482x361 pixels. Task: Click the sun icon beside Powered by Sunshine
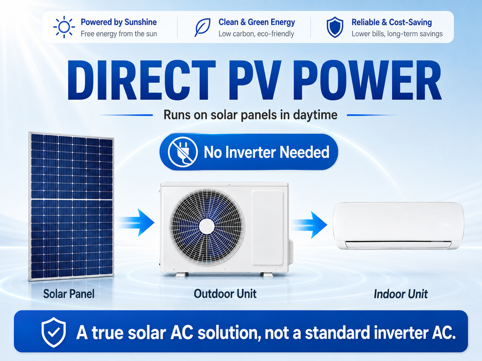[x=64, y=27]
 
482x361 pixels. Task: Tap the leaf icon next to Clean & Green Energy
[x=202, y=27]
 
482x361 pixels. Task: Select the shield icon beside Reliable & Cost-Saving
[x=335, y=27]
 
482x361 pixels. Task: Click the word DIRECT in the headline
[x=141, y=80]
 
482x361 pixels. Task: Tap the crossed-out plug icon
[x=183, y=152]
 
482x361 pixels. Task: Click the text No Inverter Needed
[x=267, y=152]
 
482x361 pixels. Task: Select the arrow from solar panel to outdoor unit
[x=136, y=223]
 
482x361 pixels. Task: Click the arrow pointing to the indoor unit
[x=309, y=225]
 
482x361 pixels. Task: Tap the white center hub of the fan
[x=206, y=227]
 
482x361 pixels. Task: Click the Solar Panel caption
[x=69, y=294]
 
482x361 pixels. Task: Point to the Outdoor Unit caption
[x=225, y=294]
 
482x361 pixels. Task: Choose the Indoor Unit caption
[x=401, y=294]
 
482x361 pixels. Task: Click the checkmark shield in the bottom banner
[x=54, y=332]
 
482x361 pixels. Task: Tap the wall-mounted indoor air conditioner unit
[x=398, y=226]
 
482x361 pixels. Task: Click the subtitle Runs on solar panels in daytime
[x=250, y=115]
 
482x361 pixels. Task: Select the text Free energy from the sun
[x=119, y=34]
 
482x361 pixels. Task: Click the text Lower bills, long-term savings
[x=397, y=34]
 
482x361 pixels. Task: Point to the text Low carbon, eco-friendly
[x=257, y=34]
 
